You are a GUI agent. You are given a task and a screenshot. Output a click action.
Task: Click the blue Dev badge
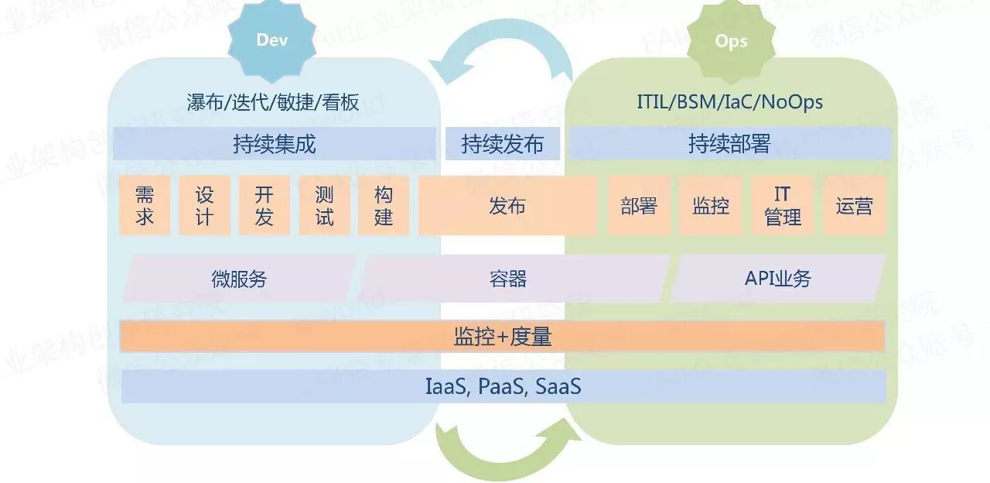[271, 39]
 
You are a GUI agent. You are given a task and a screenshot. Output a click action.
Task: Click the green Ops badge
[730, 41]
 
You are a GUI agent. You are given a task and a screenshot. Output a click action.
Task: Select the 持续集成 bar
[274, 144]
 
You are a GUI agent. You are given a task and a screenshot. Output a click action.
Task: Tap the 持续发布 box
[502, 144]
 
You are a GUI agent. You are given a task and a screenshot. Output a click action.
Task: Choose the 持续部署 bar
[729, 144]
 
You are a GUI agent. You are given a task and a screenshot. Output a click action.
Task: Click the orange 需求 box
[145, 205]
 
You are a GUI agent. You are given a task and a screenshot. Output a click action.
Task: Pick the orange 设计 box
[204, 205]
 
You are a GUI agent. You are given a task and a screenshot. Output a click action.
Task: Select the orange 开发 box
[264, 205]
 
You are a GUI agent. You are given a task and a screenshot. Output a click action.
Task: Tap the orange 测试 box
[324, 205]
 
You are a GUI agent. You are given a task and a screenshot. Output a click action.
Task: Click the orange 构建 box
[384, 205]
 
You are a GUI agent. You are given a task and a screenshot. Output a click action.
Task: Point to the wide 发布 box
[507, 205]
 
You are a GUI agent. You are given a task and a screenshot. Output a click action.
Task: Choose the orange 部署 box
[639, 205]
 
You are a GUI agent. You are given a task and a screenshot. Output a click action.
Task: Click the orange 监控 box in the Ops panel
[711, 205]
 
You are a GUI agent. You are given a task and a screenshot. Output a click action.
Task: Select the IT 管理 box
[783, 205]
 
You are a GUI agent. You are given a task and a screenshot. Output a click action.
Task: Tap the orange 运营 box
[854, 205]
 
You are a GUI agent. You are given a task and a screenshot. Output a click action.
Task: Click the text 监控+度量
[502, 337]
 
